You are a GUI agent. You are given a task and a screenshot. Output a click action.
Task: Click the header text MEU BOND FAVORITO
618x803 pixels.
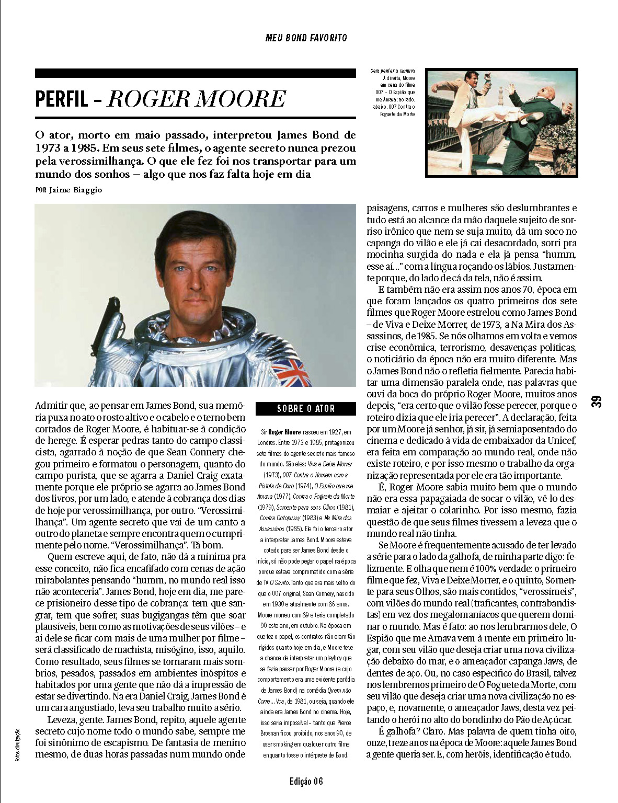pyautogui.click(x=306, y=38)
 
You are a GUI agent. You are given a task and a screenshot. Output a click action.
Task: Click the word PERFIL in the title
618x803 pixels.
pyautogui.click(x=61, y=99)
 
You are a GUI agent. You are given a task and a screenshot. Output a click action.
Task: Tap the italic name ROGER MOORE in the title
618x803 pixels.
pyautogui.click(x=197, y=99)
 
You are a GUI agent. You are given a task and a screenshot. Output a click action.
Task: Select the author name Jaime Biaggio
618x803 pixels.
pyautogui.click(x=76, y=190)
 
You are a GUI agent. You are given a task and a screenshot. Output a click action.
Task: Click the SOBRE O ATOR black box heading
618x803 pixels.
pyautogui.click(x=306, y=409)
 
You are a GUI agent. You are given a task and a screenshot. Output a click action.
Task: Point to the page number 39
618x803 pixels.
pyautogui.click(x=597, y=401)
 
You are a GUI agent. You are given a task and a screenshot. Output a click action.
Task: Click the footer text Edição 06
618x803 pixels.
pyautogui.click(x=306, y=782)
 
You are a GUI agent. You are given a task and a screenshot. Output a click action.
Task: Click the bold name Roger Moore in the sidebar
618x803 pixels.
pyautogui.click(x=284, y=432)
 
